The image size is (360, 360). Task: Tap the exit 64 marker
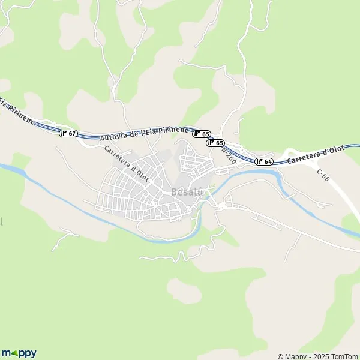[264, 161]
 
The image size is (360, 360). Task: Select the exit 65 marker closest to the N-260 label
[215, 143]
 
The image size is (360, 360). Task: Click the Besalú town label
[188, 192]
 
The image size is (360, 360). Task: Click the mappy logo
[19, 353]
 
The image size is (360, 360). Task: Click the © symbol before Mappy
[281, 356]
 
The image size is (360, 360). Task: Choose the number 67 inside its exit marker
[70, 133]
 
